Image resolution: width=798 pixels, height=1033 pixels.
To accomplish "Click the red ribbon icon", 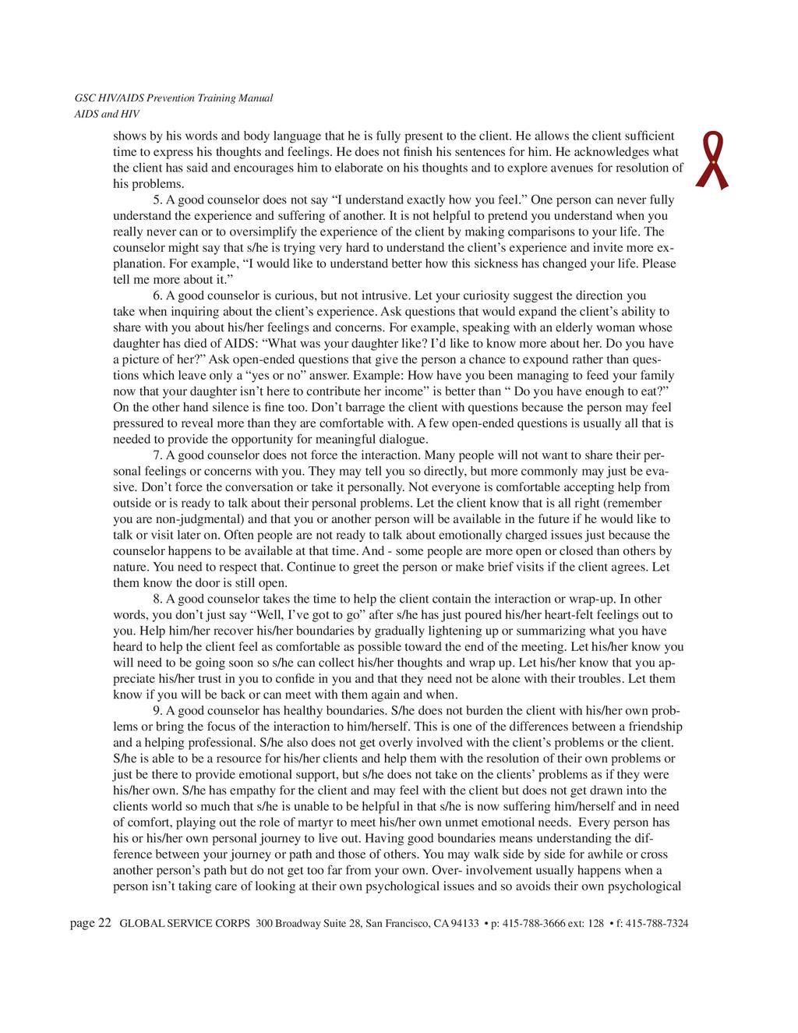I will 715,160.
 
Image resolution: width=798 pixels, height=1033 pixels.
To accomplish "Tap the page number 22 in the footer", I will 104,924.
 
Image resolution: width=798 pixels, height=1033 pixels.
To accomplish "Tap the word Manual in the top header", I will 256,98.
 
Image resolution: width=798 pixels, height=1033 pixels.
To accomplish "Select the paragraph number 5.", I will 157,200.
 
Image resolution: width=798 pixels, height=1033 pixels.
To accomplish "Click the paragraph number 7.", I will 157,455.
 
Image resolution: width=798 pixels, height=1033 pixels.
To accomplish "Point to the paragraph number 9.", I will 157,710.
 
